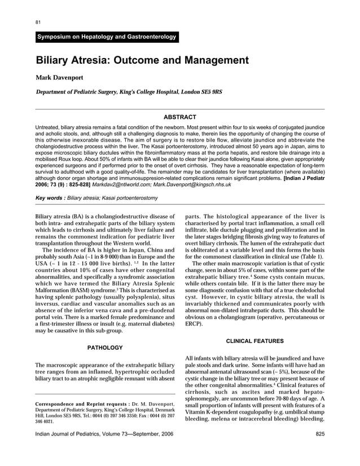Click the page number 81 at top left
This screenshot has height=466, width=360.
(38, 22)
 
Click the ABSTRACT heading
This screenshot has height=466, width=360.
(179, 117)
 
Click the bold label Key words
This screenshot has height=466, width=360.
(49, 199)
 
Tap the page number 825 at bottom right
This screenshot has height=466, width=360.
(318, 434)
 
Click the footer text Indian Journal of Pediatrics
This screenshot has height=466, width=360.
(71, 434)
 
